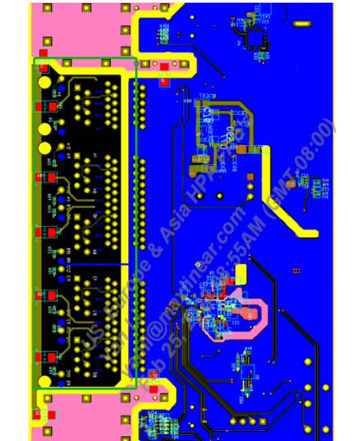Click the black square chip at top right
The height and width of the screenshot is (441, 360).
pos(257,38)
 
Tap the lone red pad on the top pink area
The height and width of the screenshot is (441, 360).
pos(44,52)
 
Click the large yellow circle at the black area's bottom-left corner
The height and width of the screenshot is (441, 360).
pos(45,381)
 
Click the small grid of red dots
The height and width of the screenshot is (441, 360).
pos(296,271)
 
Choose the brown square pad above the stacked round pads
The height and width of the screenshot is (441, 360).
pos(251,176)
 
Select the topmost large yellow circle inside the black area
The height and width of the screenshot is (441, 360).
pos(45,82)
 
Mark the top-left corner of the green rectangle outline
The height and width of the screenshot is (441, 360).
pos(34,58)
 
